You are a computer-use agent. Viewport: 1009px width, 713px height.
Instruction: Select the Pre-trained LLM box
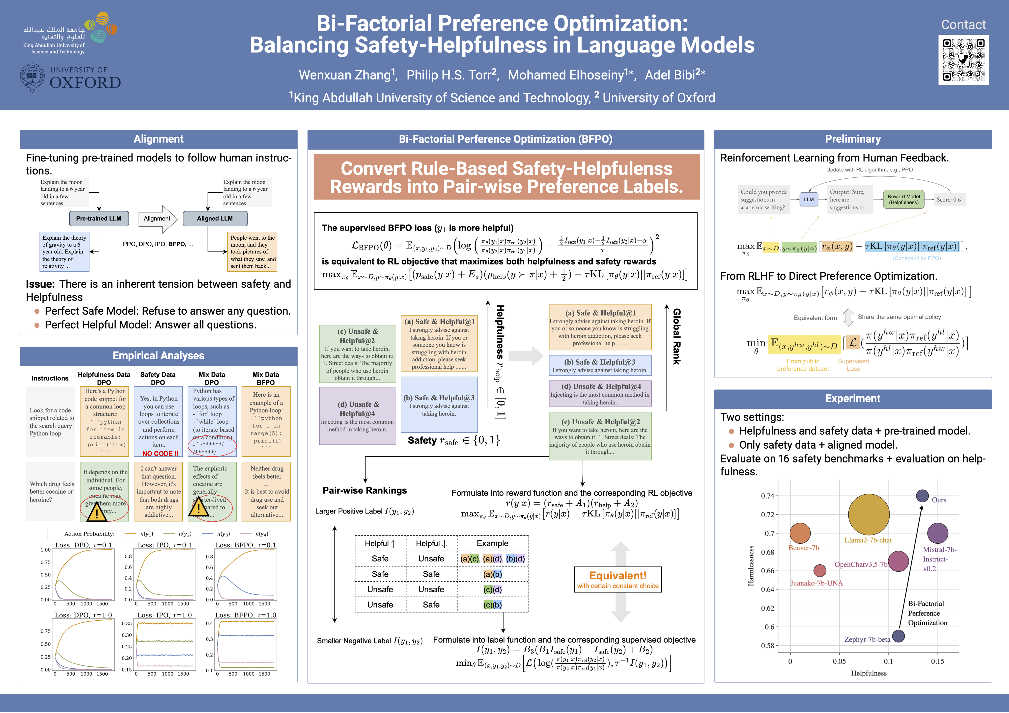[x=99, y=218]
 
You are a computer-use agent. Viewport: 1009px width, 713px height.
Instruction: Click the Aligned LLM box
[x=215, y=218]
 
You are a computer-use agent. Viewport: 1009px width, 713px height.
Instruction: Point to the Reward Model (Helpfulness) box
[x=903, y=199]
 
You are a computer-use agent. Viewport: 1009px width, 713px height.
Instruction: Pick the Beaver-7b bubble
[x=800, y=533]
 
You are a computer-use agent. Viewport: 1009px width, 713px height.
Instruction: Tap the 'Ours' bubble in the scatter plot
[x=922, y=496]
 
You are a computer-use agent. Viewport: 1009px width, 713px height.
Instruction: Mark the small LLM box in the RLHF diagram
[x=809, y=199]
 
